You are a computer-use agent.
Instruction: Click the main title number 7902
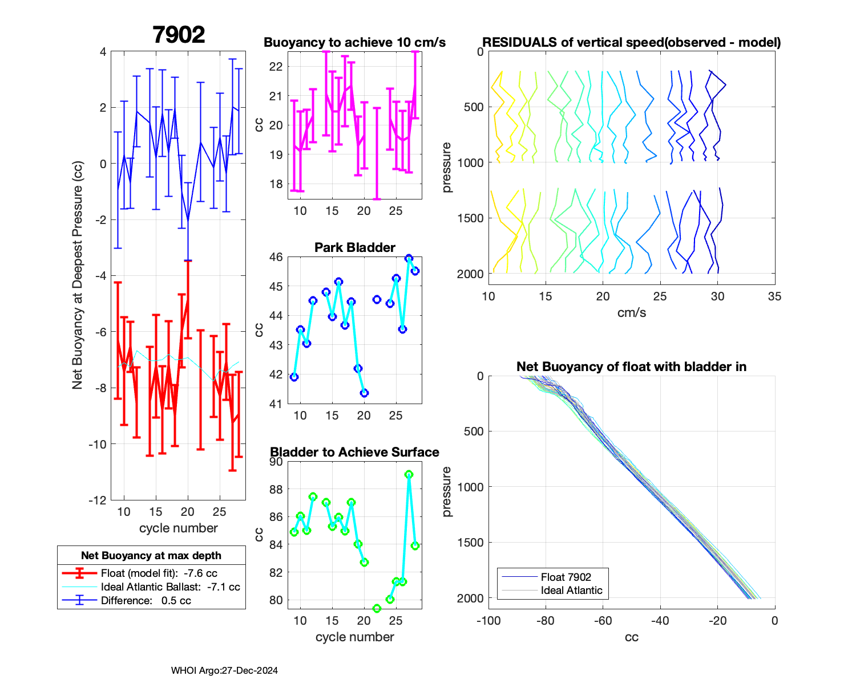coord(179,35)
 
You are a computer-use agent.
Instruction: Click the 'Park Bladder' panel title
coord(354,247)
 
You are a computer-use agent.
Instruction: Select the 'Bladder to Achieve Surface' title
coord(354,452)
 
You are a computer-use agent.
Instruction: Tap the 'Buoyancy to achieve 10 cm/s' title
coord(354,42)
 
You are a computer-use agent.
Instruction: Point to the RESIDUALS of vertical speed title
coord(631,42)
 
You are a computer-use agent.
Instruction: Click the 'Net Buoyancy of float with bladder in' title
coord(631,367)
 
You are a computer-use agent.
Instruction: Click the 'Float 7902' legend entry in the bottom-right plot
coord(566,577)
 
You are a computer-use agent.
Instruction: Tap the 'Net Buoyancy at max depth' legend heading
coord(151,556)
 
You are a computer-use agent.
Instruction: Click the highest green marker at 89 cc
coord(409,474)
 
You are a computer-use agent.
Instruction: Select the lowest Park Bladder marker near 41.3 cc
coord(364,393)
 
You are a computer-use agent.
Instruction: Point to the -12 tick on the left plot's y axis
coord(97,500)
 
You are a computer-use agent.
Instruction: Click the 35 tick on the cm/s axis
coord(774,296)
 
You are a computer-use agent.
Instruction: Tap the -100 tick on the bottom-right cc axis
coord(488,621)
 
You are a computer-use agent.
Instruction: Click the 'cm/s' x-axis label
coord(631,313)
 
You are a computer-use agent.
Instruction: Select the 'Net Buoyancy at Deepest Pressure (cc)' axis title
coord(78,275)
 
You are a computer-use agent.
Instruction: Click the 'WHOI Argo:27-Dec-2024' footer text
coord(224,671)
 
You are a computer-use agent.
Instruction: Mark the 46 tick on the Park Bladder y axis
coord(276,257)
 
